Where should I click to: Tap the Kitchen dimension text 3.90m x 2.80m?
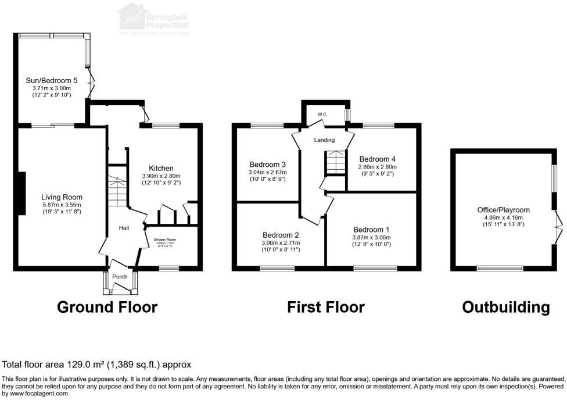[x=161, y=176]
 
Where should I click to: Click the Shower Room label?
[x=164, y=240]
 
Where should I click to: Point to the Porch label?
[x=120, y=277]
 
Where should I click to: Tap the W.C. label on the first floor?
[x=323, y=115]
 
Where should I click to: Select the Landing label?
[x=324, y=140]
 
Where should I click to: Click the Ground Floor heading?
[x=107, y=306]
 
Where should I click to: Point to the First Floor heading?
[x=325, y=306]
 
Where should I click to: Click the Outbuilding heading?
[x=505, y=306]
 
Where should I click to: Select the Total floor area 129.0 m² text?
[x=96, y=365]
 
